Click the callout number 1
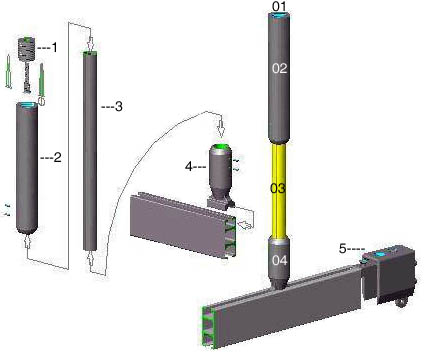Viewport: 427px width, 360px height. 54,47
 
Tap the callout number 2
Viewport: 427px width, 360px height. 57,157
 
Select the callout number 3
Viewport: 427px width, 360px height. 118,106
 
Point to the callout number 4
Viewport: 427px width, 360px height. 189,166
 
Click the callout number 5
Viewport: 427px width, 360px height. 343,248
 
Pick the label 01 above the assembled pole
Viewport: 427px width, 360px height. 279,6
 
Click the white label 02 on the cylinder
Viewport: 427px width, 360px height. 279,68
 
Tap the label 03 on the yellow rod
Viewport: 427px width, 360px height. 278,189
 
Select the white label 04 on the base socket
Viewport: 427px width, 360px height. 279,260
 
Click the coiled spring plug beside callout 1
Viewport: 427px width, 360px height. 26,49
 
